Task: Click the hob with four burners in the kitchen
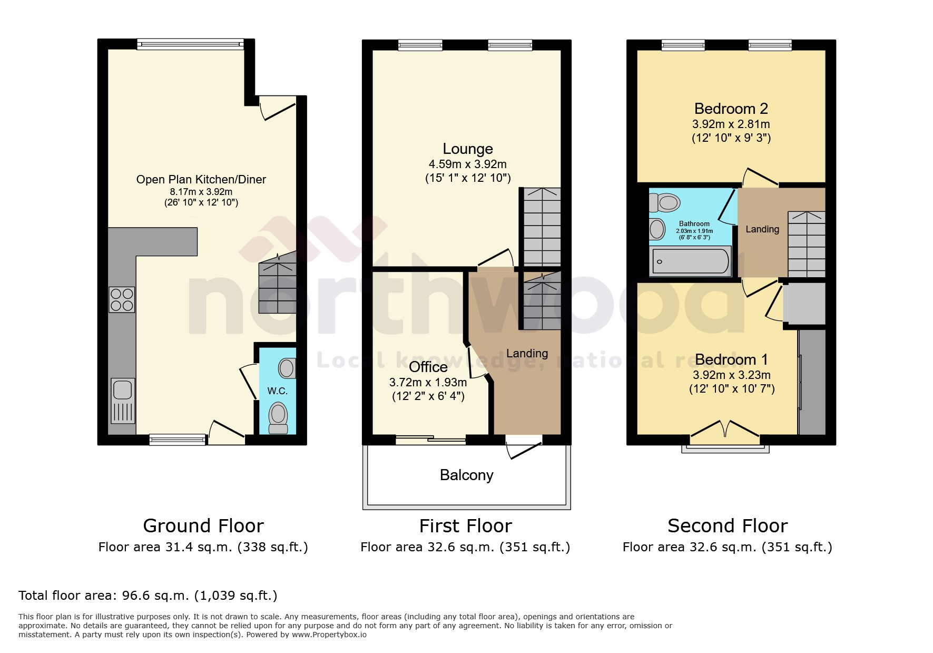point(122,299)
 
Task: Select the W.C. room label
point(277,391)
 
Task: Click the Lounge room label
point(467,149)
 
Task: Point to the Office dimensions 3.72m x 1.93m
point(428,382)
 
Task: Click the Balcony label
point(466,475)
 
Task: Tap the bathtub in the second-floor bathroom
point(690,260)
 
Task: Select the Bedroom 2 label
point(731,109)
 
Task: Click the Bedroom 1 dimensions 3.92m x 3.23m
point(731,375)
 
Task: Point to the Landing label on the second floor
point(762,229)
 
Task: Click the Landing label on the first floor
point(527,354)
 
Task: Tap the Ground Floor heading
point(203,526)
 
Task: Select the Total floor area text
point(148,596)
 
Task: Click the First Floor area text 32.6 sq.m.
point(465,547)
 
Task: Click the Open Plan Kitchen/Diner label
point(201,180)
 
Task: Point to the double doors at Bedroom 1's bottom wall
point(725,429)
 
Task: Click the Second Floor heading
point(727,526)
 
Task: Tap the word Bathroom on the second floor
point(694,223)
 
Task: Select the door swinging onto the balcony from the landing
point(523,448)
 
